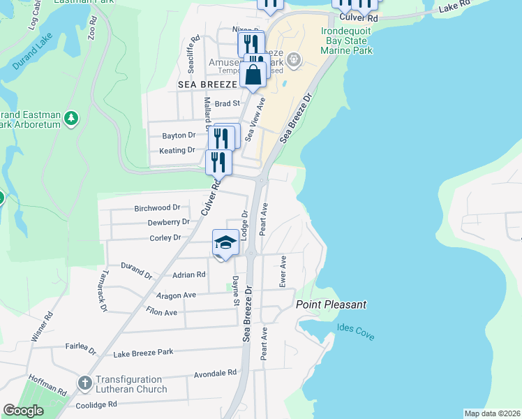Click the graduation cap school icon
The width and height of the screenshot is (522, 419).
(x=225, y=243)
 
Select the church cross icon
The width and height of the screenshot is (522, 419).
(x=84, y=383)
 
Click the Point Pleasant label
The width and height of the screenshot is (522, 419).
(x=331, y=305)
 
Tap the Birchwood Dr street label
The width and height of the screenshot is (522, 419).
(x=157, y=208)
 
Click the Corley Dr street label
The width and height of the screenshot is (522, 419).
(x=165, y=238)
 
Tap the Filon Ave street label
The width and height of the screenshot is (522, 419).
(x=161, y=312)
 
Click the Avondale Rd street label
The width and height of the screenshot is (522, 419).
(x=211, y=374)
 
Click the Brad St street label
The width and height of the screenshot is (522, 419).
(x=228, y=103)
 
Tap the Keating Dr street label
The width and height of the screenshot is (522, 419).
(x=177, y=150)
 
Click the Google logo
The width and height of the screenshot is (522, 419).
(x=23, y=411)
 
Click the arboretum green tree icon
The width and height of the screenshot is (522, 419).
(x=70, y=118)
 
